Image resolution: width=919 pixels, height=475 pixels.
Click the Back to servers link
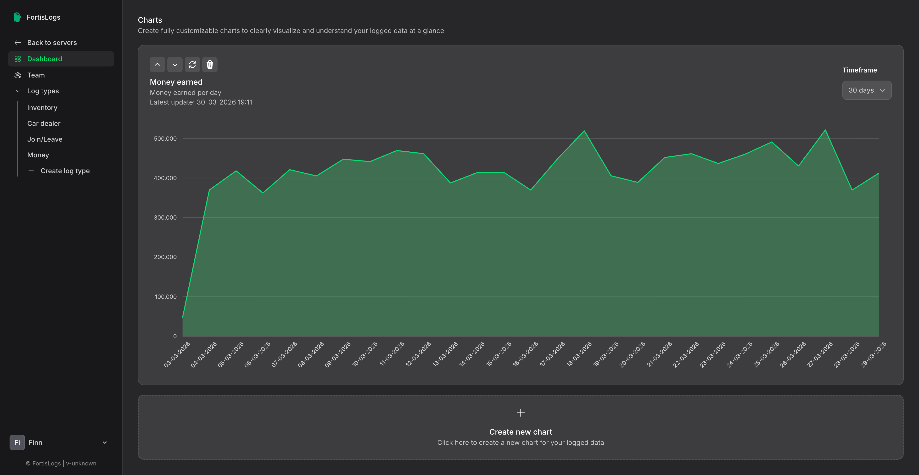coord(52,42)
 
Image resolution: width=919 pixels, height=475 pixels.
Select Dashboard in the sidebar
coord(45,59)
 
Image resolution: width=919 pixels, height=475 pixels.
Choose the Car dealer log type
coord(44,123)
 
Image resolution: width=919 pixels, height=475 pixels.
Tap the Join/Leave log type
coord(45,139)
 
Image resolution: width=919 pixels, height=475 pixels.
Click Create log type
coord(65,171)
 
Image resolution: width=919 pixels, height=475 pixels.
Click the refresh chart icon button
coord(192,65)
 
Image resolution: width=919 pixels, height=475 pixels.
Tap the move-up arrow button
coord(157,65)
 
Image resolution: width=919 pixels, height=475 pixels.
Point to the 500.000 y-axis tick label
coord(165,138)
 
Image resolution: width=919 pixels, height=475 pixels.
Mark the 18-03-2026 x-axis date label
coord(579,354)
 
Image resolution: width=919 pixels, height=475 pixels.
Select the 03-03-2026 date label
coord(177,354)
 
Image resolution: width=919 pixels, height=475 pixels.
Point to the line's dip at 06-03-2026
coord(263,193)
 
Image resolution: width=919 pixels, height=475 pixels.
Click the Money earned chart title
coord(176,82)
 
